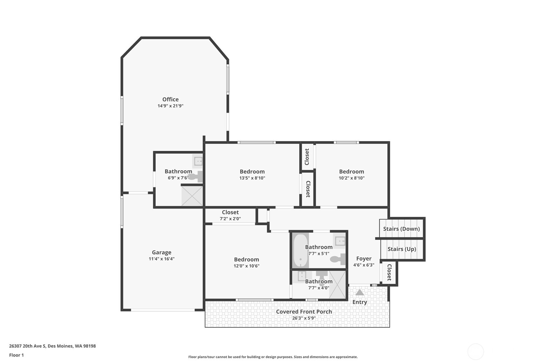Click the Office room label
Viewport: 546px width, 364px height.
pos(171,99)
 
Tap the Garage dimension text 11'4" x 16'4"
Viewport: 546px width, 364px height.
pos(162,259)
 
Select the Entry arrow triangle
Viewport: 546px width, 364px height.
pos(360,292)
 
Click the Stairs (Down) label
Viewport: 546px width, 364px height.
pos(402,229)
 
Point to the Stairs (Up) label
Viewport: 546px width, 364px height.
pos(402,249)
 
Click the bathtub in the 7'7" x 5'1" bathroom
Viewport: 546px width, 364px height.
pos(301,250)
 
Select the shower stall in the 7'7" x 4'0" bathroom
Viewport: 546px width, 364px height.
pos(338,285)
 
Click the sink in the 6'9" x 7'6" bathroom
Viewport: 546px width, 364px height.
pos(198,161)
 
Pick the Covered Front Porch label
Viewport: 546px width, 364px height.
pos(304,312)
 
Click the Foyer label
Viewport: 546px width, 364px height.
pos(364,258)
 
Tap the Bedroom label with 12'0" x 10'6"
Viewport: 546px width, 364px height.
pos(246,259)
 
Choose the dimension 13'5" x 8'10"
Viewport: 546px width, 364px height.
pos(252,178)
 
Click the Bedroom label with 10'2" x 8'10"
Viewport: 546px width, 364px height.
pos(351,172)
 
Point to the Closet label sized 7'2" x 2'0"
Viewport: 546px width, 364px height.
pos(230,212)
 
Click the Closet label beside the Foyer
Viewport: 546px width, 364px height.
pos(389,272)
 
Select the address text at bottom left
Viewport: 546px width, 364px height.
pos(52,346)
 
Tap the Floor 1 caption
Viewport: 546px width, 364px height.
pos(16,355)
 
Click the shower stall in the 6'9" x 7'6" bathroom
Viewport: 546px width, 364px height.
pos(192,196)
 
